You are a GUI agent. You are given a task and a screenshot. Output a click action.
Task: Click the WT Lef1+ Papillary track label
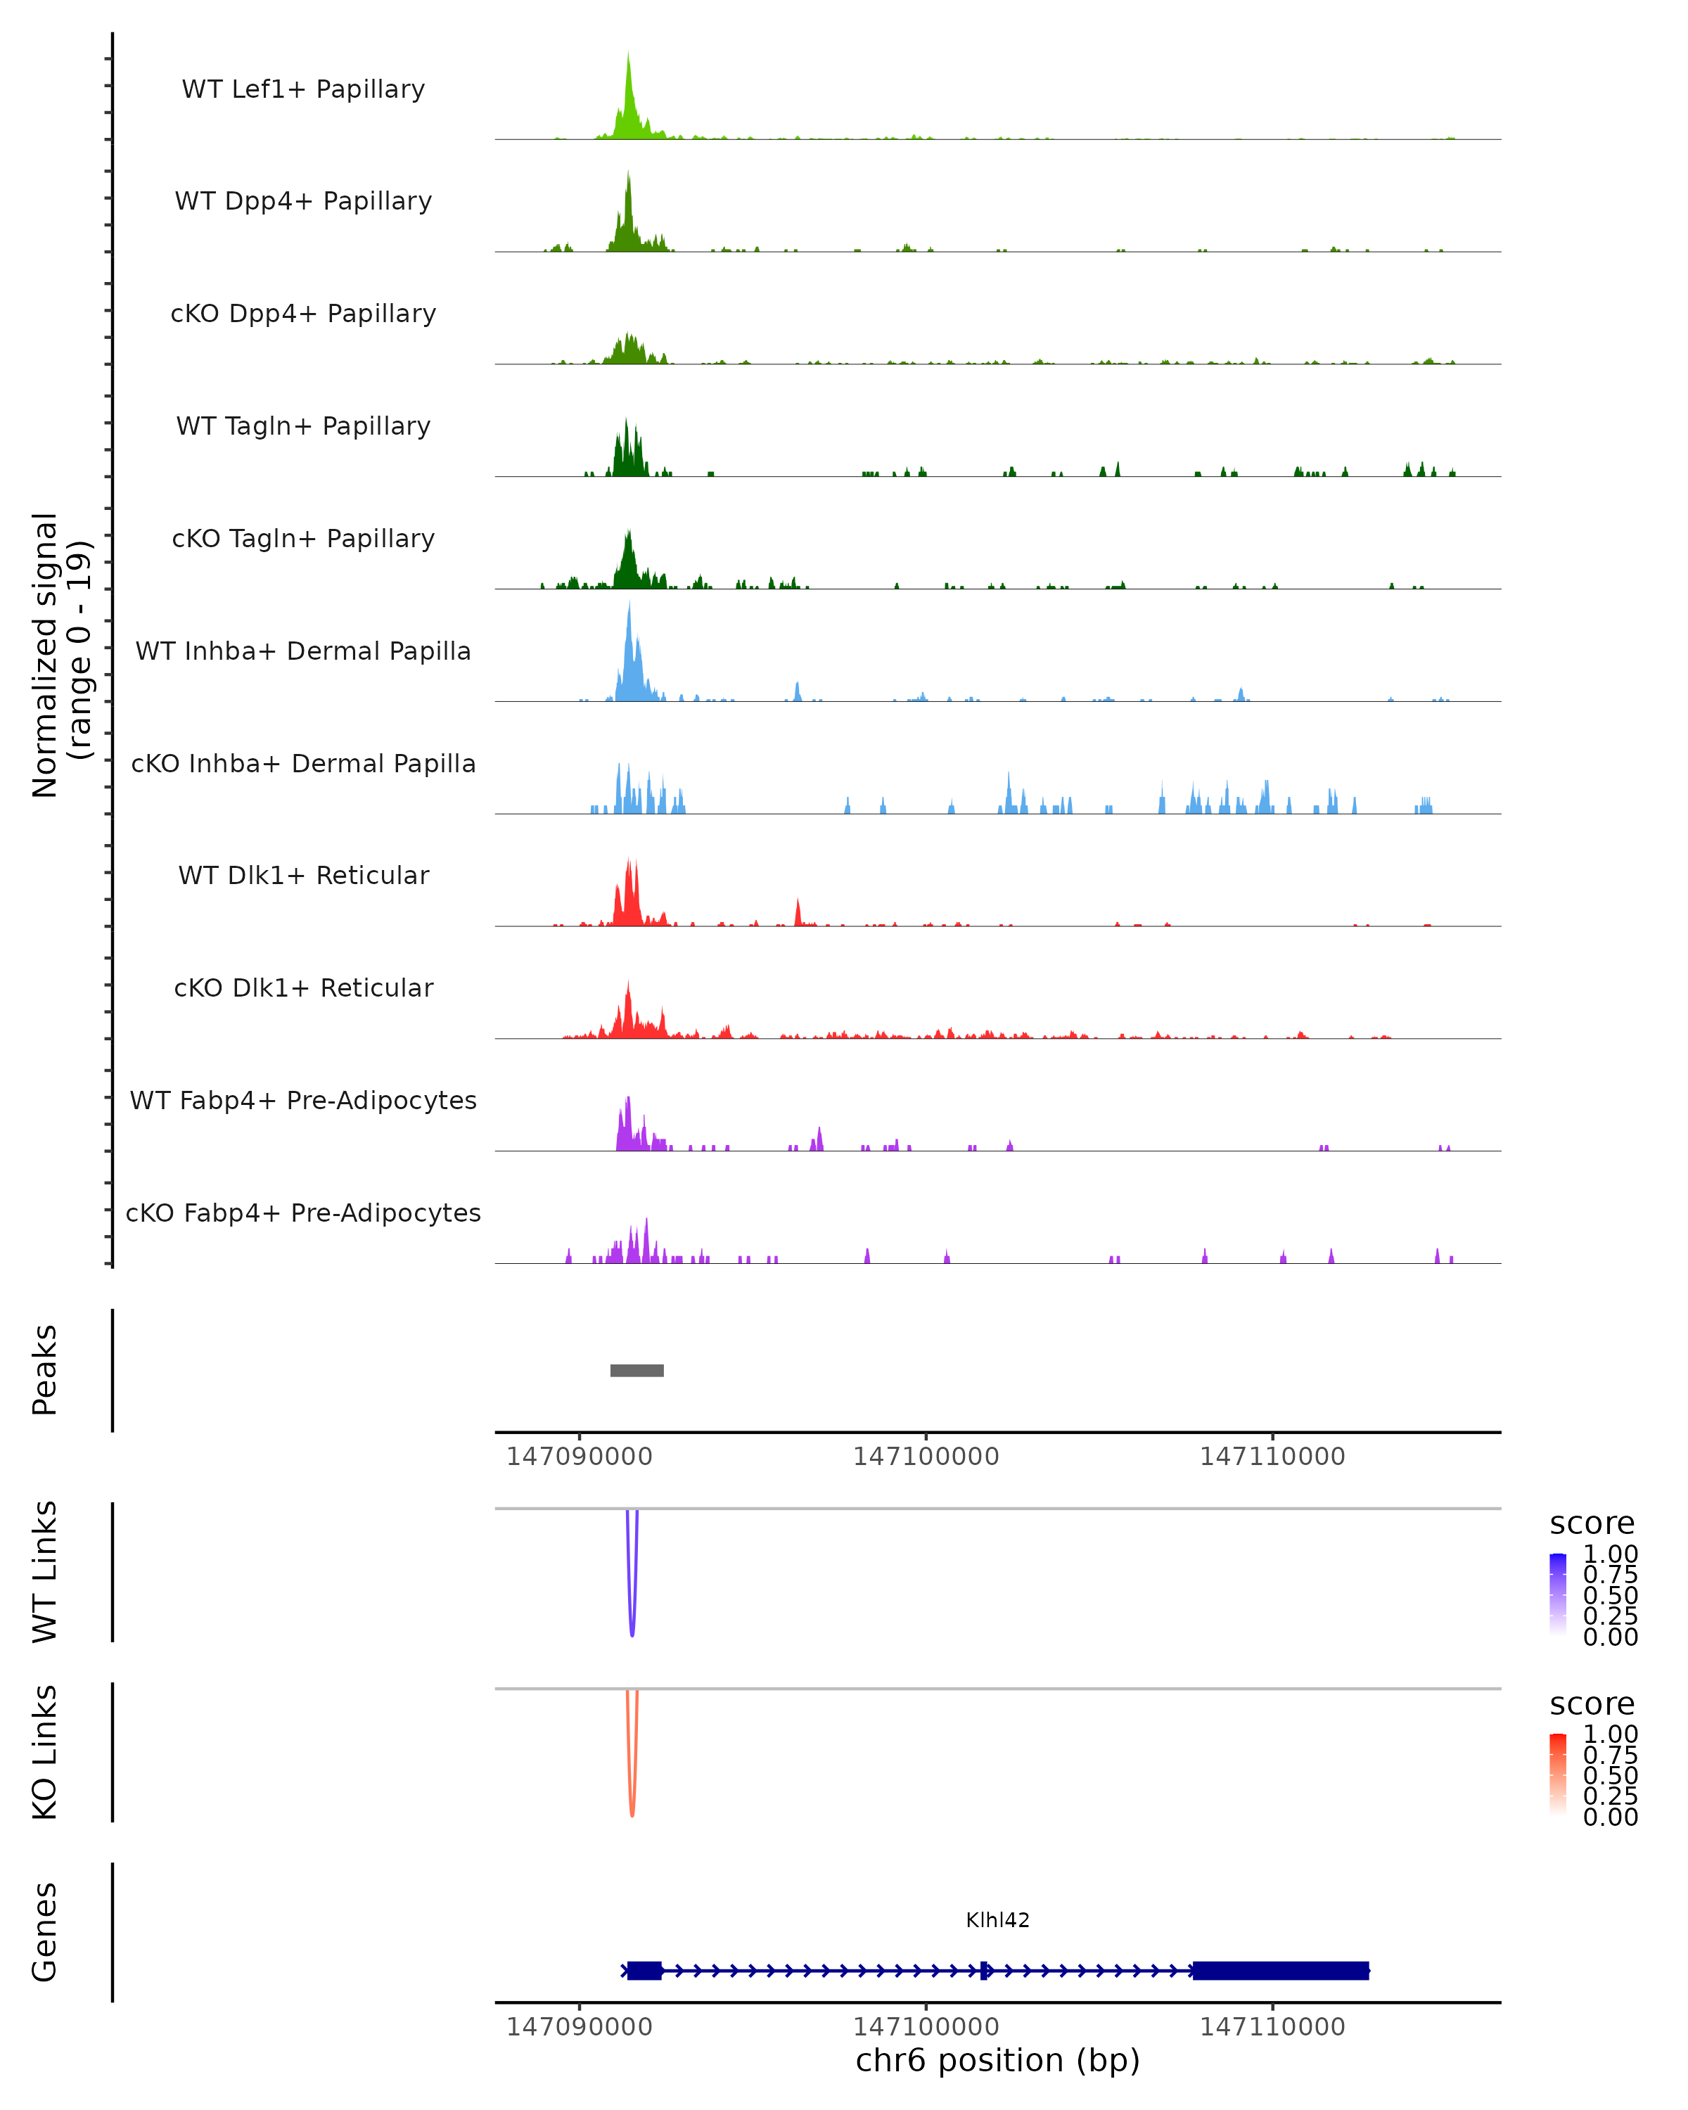pyautogui.click(x=303, y=89)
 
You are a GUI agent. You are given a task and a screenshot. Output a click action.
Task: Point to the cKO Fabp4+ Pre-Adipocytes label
pyautogui.click(x=303, y=1213)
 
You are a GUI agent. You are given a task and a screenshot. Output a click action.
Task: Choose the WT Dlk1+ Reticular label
pyautogui.click(x=303, y=875)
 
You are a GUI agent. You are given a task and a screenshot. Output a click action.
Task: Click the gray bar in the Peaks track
pyautogui.click(x=637, y=1370)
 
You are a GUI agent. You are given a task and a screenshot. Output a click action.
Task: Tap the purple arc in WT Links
pyautogui.click(x=632, y=1605)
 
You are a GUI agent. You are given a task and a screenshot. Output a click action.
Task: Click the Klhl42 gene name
pyautogui.click(x=997, y=1920)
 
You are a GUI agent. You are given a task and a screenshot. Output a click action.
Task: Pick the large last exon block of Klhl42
pyautogui.click(x=1280, y=1970)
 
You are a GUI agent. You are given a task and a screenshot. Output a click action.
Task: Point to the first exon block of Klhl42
pyautogui.click(x=644, y=1970)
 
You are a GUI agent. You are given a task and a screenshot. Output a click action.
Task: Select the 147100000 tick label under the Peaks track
pyautogui.click(x=926, y=1457)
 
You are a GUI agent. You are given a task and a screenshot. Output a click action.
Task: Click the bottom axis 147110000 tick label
pyautogui.click(x=1272, y=2027)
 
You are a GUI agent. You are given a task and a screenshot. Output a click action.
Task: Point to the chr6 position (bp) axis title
pyautogui.click(x=997, y=2060)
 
